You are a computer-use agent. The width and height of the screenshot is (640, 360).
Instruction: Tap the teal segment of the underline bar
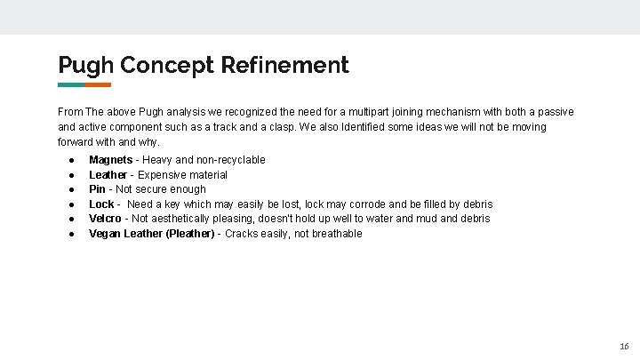(x=71, y=85)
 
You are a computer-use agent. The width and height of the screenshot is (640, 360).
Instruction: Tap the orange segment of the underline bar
(x=98, y=85)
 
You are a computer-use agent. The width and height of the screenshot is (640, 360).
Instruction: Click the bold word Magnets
(x=110, y=160)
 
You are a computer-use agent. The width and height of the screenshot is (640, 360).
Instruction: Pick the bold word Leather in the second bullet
(x=108, y=175)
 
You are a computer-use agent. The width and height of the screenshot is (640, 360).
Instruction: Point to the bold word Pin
(x=97, y=189)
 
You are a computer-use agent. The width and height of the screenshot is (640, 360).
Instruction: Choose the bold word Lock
(x=101, y=204)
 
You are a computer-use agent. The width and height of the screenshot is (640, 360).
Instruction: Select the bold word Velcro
(x=105, y=219)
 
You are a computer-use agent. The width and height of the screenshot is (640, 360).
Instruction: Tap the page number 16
(x=624, y=346)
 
